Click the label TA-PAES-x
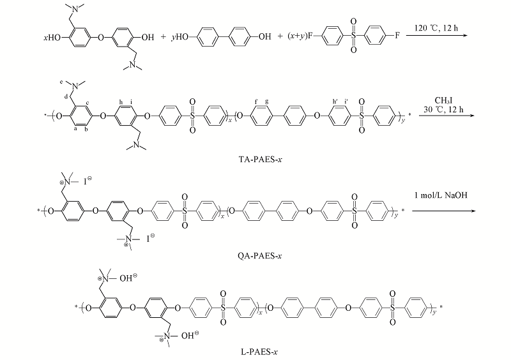[260, 160]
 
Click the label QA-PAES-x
[260, 256]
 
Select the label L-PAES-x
[259, 352]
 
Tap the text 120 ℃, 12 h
[436, 28]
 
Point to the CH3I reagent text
[443, 101]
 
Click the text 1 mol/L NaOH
[441, 195]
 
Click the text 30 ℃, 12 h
[443, 109]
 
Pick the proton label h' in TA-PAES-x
[335, 101]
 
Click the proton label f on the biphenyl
[256, 101]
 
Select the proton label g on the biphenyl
[266, 101]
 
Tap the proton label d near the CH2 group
[66, 97]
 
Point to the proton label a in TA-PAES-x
[75, 129]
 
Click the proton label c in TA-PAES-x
[88, 103]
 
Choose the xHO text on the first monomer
[52, 38]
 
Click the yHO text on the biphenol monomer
[180, 37]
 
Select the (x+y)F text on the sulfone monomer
[300, 36]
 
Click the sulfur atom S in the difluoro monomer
[354, 36]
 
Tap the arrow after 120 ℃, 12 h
[437, 35]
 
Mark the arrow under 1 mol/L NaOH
[444, 211]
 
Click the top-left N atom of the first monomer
[75, 9]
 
